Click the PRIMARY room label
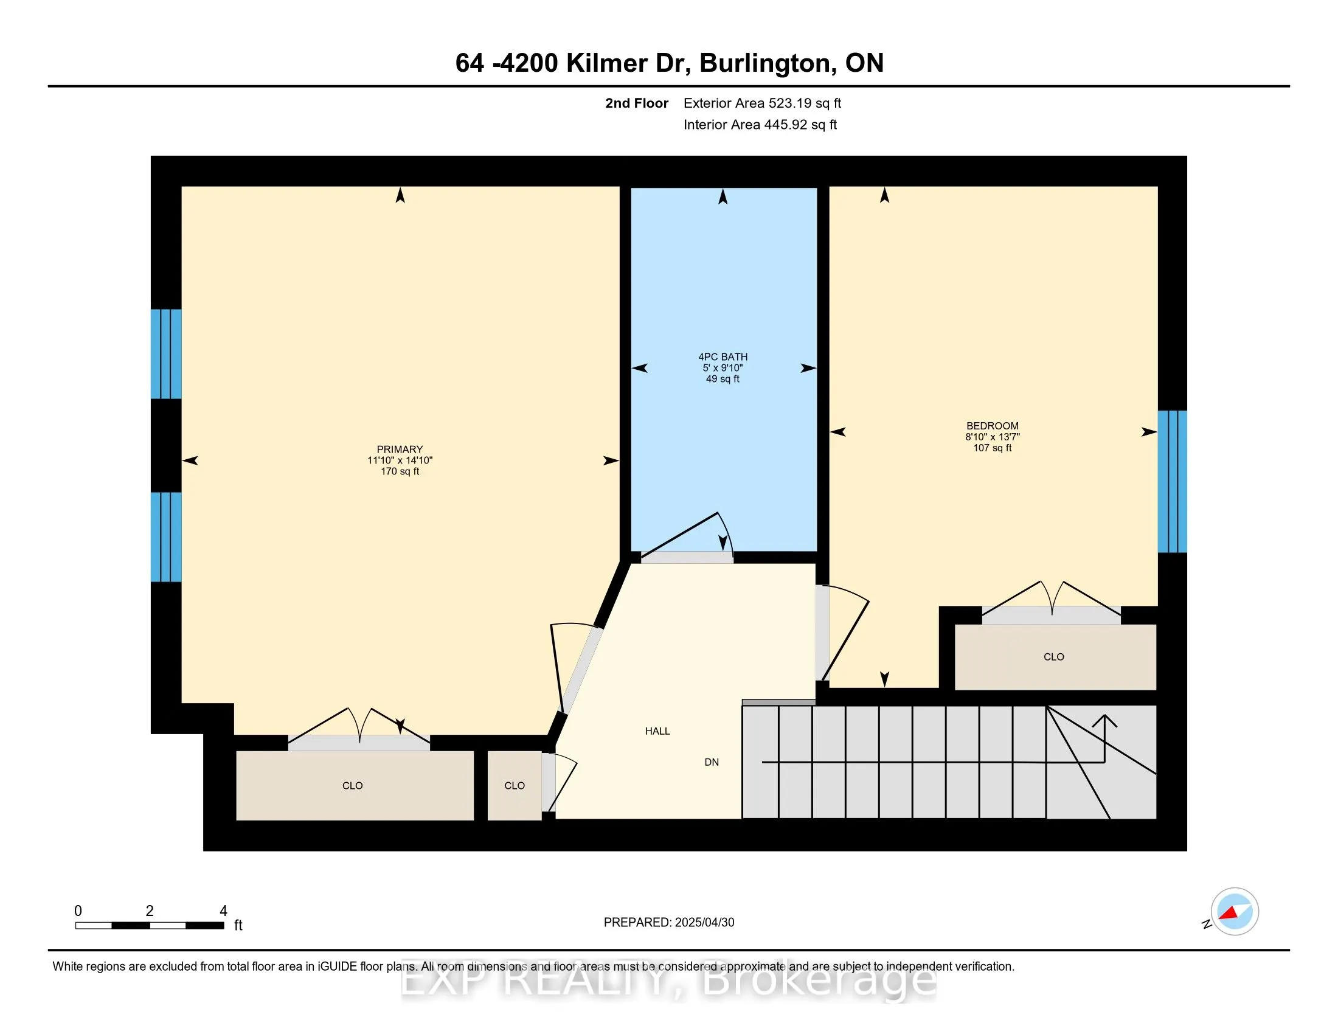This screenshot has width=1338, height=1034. (x=400, y=449)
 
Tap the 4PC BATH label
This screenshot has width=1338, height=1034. (x=723, y=356)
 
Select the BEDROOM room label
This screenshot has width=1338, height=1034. (x=992, y=426)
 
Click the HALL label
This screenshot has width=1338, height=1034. (x=657, y=730)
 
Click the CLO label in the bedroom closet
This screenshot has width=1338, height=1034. (x=1053, y=657)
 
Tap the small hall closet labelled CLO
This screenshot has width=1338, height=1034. (x=514, y=785)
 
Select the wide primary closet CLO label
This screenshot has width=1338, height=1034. (x=352, y=785)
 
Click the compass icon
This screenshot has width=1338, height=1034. (x=1234, y=911)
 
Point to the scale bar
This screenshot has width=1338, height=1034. (x=150, y=925)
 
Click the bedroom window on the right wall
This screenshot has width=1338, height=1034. (x=1171, y=482)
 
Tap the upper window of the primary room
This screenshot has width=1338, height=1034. (x=166, y=353)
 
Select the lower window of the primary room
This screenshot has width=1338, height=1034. (x=166, y=536)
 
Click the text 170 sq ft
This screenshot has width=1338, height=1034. (x=400, y=471)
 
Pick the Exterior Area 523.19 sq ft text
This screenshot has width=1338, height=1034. (x=761, y=103)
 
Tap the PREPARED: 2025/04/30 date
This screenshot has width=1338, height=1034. (x=668, y=922)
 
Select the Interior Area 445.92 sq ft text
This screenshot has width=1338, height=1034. (x=760, y=124)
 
